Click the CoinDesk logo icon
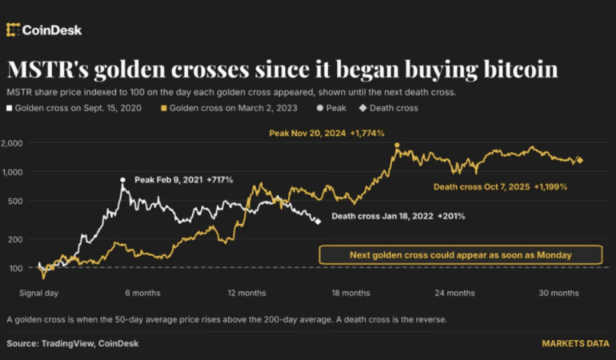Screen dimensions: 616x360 pyautogui.click(x=13, y=30)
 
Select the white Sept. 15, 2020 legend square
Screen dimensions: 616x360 pyautogui.click(x=9, y=108)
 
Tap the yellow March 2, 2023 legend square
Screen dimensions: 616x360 pyautogui.click(x=164, y=108)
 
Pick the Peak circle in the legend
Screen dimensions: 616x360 pyautogui.click(x=320, y=108)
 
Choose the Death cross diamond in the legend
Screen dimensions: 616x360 pyautogui.click(x=363, y=108)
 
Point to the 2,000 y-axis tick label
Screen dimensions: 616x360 pyautogui.click(x=12, y=143)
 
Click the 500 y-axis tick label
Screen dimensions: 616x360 pyautogui.click(x=16, y=202)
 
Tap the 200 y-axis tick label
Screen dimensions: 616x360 pyautogui.click(x=16, y=239)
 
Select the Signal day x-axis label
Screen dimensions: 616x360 pyautogui.click(x=39, y=293)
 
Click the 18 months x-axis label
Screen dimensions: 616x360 pyautogui.click(x=351, y=293)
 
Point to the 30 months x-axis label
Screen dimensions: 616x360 pyautogui.click(x=558, y=293)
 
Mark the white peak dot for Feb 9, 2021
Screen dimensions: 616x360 pyautogui.click(x=122, y=180)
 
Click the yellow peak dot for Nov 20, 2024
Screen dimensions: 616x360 pyautogui.click(x=397, y=146)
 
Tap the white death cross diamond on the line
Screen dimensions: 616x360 pyautogui.click(x=318, y=222)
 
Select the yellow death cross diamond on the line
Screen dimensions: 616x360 pyautogui.click(x=579, y=160)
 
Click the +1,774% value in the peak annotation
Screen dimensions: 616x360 pyautogui.click(x=367, y=134)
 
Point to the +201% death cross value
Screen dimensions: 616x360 pyautogui.click(x=451, y=216)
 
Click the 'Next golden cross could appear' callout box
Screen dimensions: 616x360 pyautogui.click(x=461, y=255)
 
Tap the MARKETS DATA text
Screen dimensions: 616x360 pyautogui.click(x=575, y=343)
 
